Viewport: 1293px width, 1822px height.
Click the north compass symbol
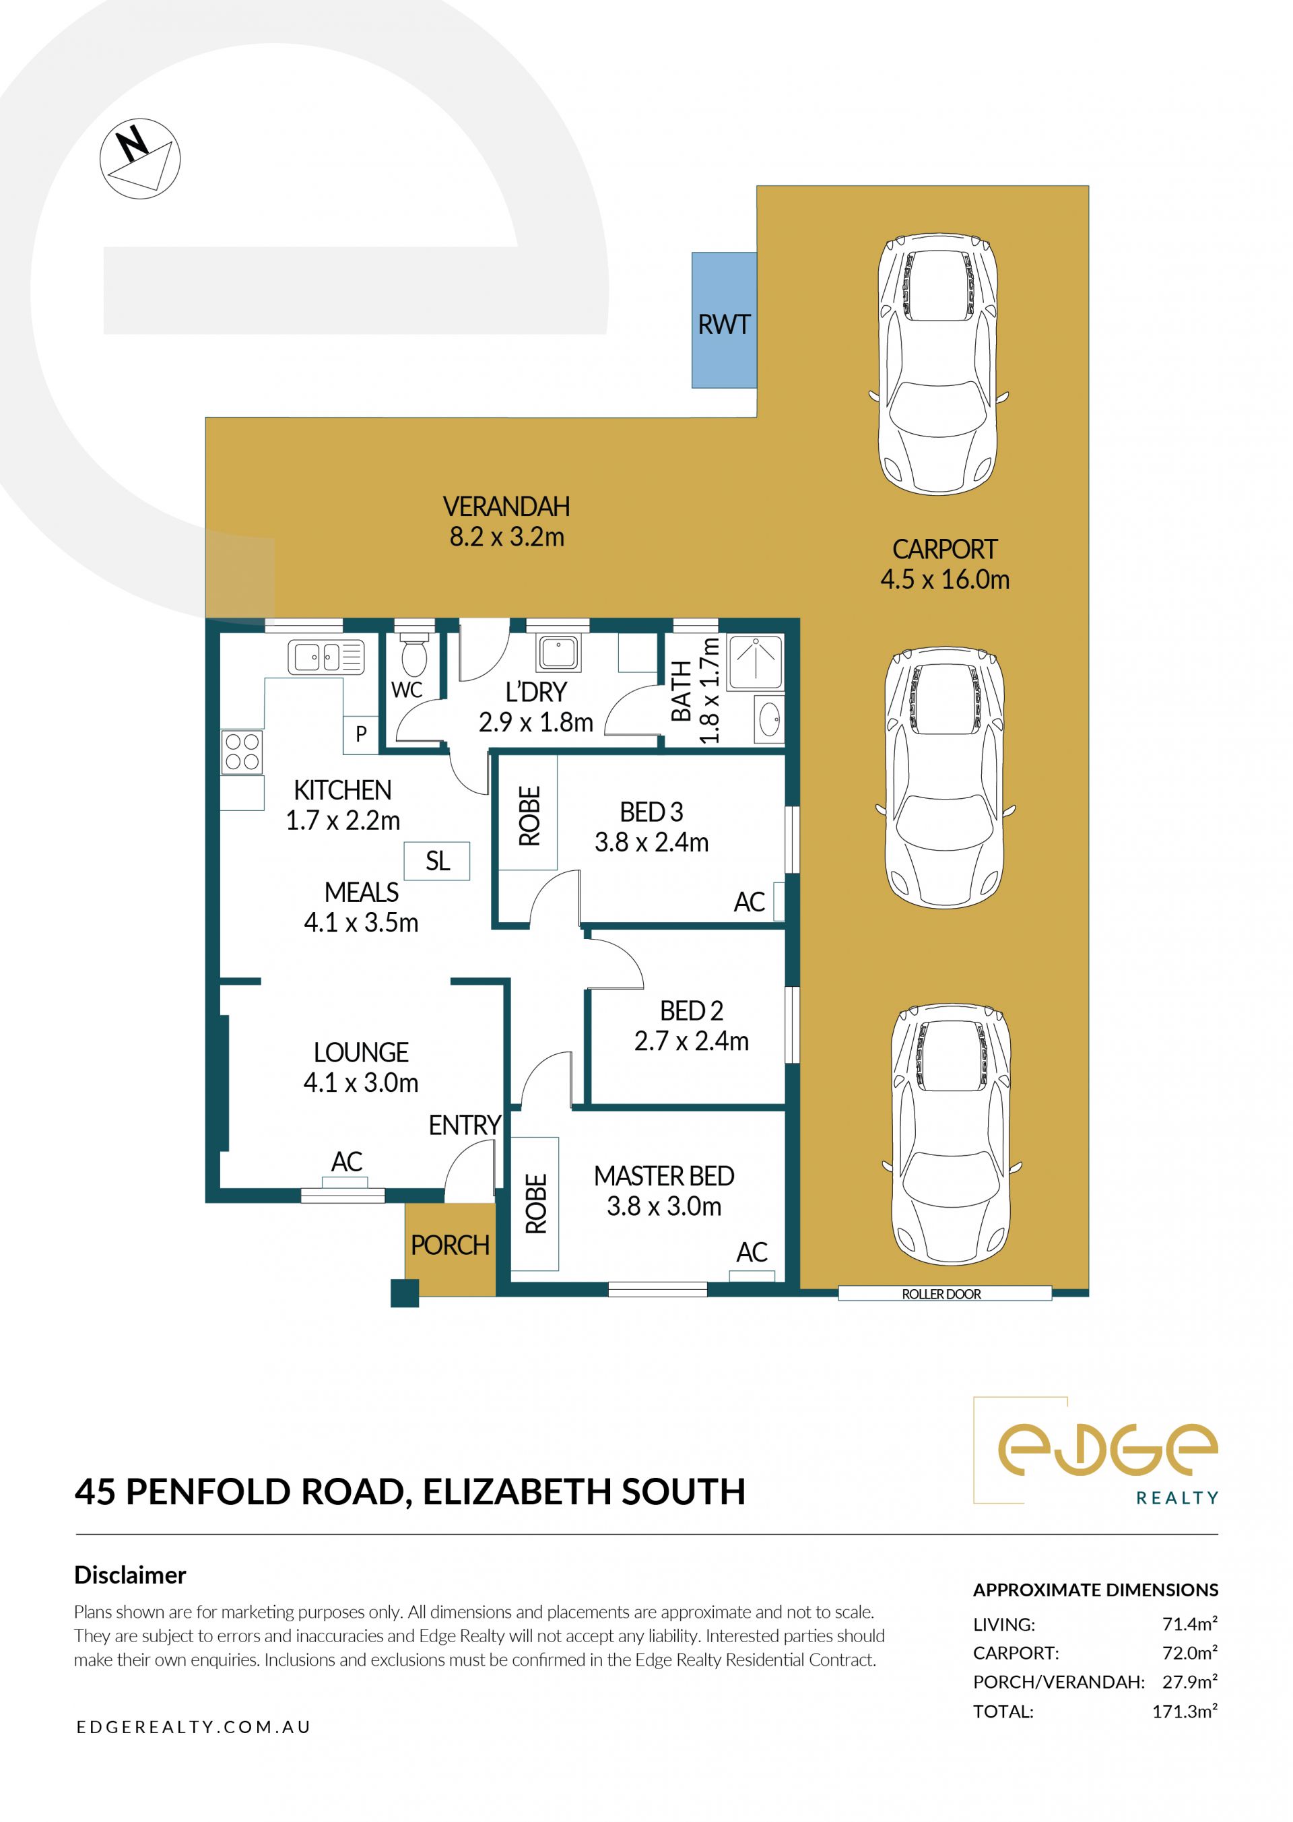point(140,159)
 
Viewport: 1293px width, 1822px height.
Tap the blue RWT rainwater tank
point(724,320)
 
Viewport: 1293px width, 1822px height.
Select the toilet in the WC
point(414,655)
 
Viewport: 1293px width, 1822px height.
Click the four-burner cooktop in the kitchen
point(242,751)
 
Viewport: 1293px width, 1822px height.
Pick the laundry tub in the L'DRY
point(559,653)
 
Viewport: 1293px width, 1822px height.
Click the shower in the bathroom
point(755,661)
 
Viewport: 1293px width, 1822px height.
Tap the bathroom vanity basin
point(769,719)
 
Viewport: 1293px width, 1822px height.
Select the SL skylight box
point(437,861)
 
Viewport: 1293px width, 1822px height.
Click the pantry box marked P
point(361,734)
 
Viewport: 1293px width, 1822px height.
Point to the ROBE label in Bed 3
point(530,816)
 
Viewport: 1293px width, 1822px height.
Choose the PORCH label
point(450,1245)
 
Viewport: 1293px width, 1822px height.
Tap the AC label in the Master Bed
point(752,1252)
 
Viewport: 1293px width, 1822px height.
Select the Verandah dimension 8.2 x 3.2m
point(507,537)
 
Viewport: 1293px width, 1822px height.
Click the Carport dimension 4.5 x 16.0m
point(945,579)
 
